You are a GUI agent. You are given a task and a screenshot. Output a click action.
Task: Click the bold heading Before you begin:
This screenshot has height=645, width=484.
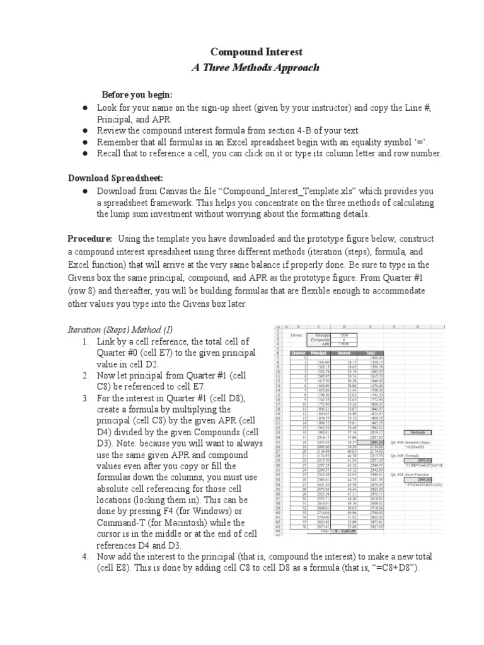tap(137, 94)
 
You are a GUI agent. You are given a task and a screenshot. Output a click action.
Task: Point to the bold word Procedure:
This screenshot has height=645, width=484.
tap(89, 238)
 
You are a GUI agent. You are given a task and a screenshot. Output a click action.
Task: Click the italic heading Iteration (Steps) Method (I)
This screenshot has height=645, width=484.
tap(119, 329)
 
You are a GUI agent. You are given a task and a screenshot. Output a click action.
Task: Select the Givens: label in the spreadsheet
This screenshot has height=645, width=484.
tap(296, 336)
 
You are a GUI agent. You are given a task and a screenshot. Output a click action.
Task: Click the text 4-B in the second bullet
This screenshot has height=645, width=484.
tap(313, 130)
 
